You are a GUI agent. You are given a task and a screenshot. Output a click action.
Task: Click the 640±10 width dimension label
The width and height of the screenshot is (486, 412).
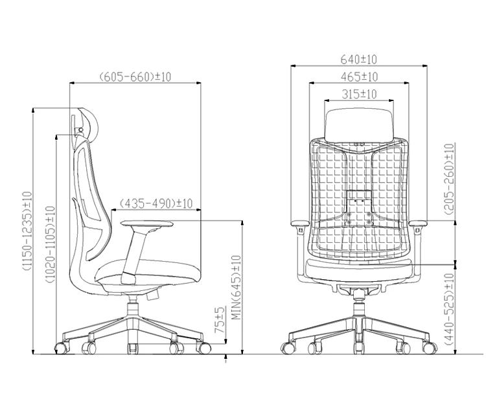[x=358, y=60]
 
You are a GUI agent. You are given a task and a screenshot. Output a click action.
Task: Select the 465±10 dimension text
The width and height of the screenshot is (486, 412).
[x=358, y=77]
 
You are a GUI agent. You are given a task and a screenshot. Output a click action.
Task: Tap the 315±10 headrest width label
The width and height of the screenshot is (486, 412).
[x=358, y=95]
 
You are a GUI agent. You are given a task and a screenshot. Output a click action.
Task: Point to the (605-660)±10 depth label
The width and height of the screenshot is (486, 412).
[x=135, y=77]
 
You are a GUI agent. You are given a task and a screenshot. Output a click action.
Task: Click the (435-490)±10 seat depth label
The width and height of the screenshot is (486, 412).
[x=156, y=203]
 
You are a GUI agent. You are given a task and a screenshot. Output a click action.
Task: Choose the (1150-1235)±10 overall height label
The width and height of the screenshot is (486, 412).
[x=27, y=231]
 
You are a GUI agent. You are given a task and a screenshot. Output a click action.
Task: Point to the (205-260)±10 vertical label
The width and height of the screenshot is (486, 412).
[x=450, y=180]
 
